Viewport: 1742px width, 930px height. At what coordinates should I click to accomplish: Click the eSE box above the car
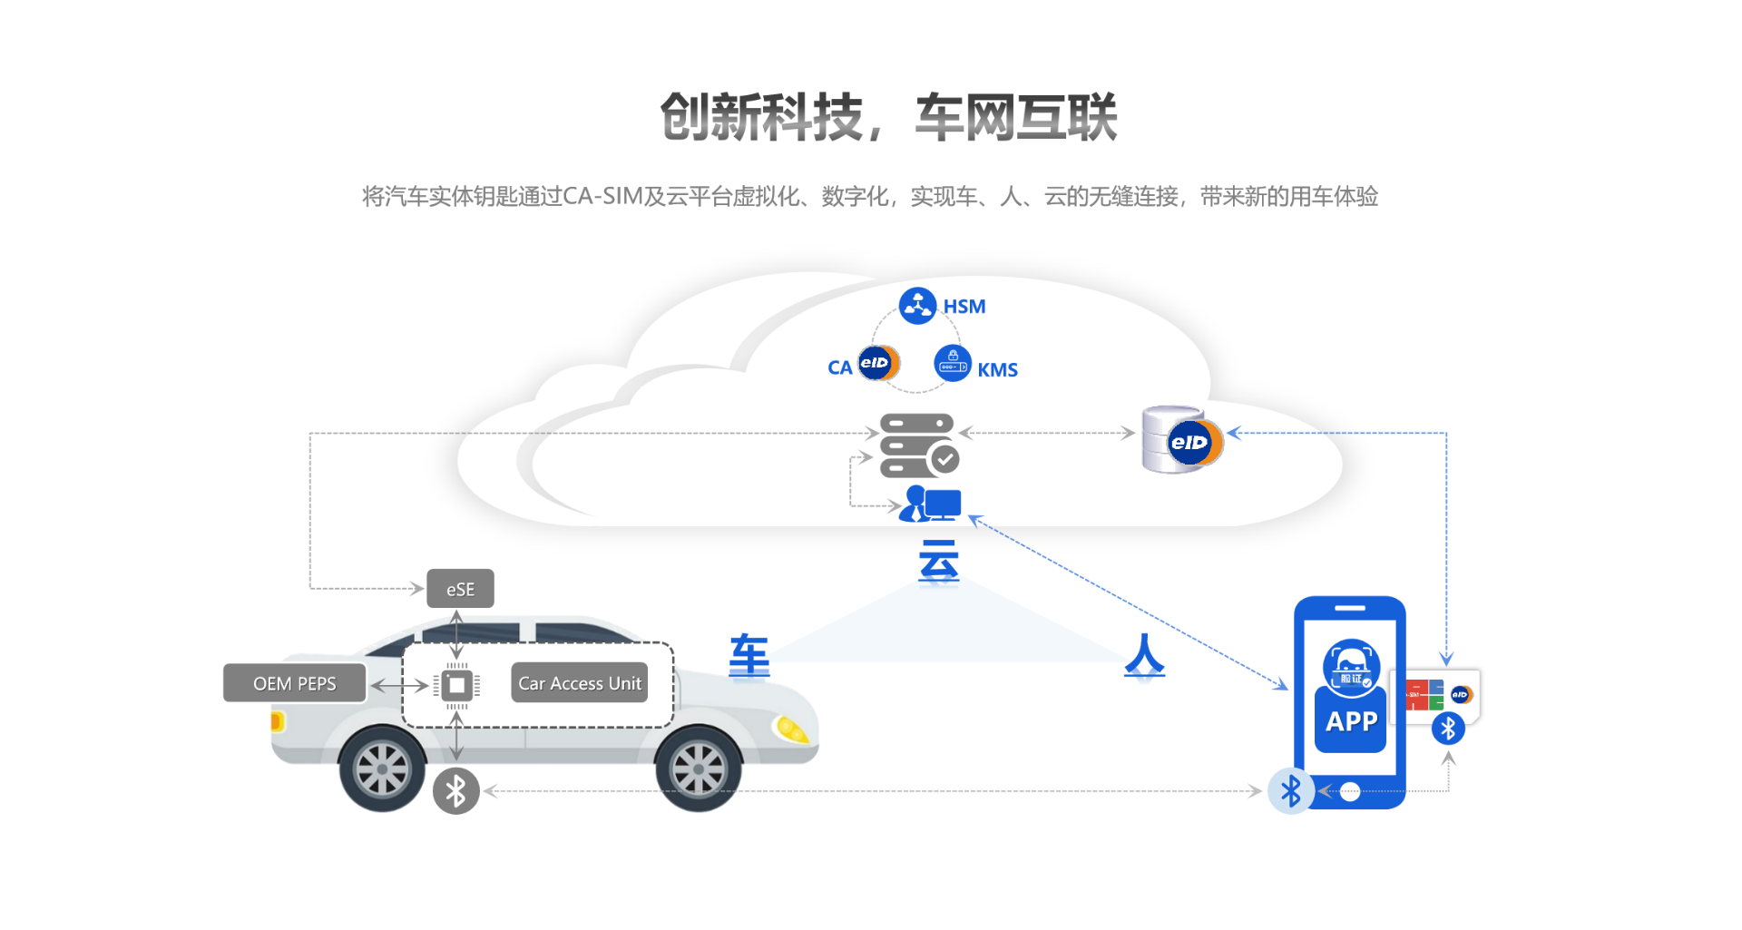click(460, 589)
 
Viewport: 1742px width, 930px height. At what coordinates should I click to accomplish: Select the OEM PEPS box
click(295, 683)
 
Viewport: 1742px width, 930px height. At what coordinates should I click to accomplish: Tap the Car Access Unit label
click(579, 683)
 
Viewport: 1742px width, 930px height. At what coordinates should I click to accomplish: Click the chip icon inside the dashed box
click(456, 685)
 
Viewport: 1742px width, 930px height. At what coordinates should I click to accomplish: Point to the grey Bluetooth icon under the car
click(455, 791)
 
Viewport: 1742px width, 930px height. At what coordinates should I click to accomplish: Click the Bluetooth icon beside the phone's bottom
click(1290, 791)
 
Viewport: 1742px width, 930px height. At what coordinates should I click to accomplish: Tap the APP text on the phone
click(1351, 721)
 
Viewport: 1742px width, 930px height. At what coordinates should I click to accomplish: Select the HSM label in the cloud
click(964, 307)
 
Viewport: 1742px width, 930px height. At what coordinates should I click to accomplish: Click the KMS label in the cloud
click(997, 370)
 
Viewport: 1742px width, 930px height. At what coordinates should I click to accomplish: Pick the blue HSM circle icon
click(917, 306)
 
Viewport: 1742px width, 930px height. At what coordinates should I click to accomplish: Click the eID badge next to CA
click(877, 363)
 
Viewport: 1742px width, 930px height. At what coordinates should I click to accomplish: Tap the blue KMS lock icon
click(952, 363)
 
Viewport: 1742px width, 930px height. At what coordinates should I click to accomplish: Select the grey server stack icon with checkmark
click(918, 445)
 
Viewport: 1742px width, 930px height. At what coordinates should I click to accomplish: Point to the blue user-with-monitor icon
click(930, 504)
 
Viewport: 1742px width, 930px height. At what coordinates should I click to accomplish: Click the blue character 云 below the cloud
click(938, 562)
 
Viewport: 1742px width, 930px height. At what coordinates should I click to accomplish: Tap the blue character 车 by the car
click(749, 655)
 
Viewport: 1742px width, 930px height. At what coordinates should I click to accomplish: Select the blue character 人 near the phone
click(1144, 655)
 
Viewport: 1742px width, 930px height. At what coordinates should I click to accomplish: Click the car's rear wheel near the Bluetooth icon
click(382, 769)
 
